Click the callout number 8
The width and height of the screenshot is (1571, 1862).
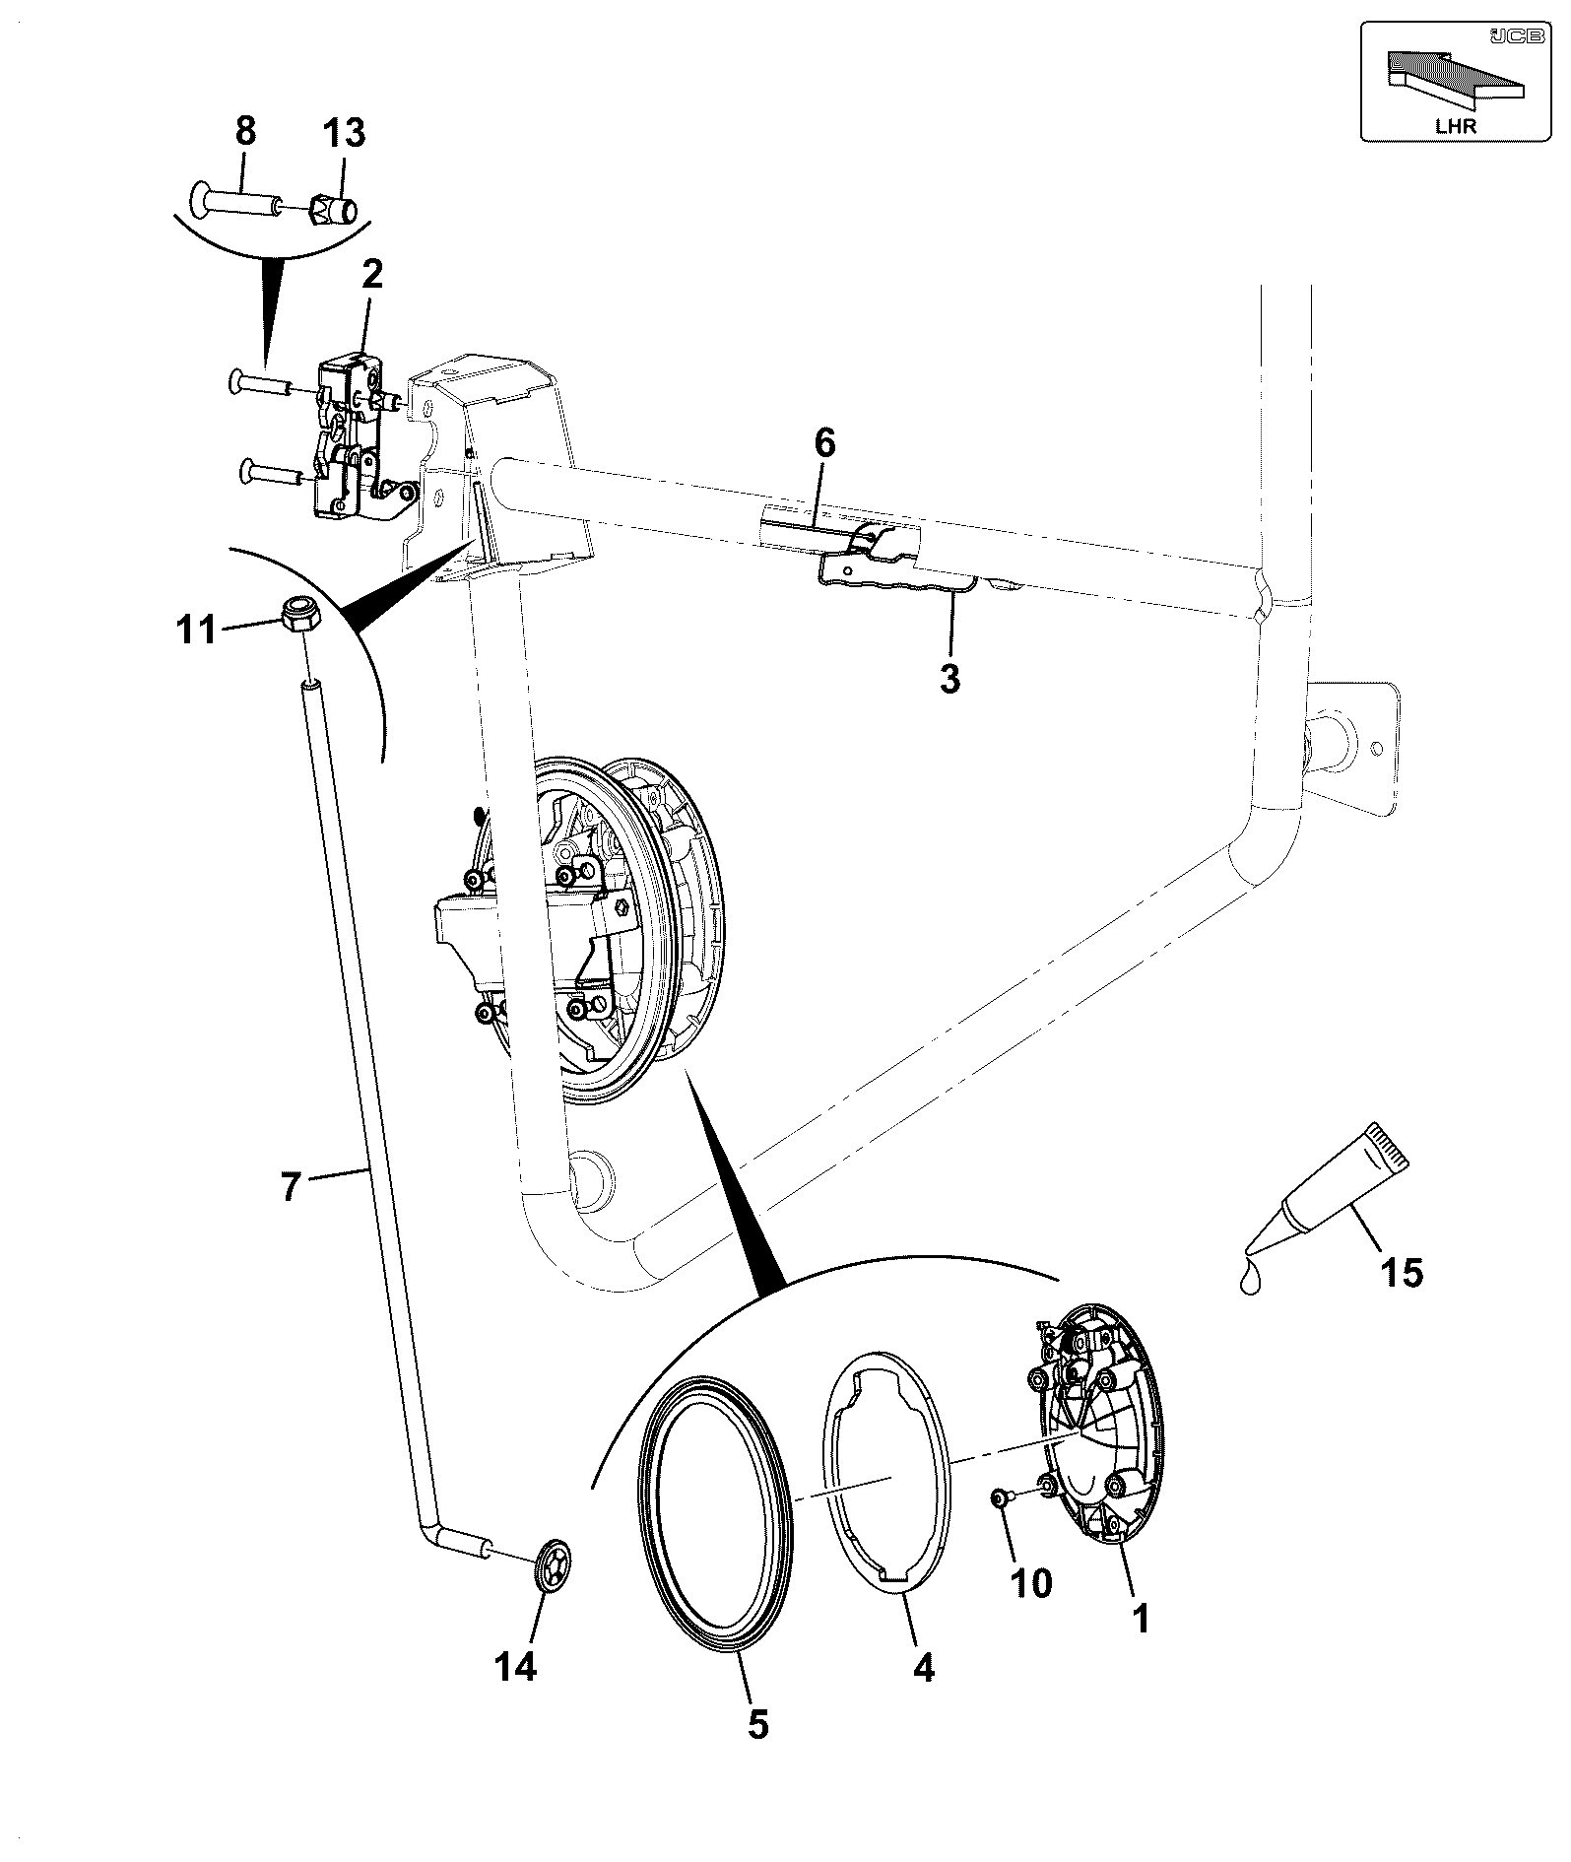(x=245, y=132)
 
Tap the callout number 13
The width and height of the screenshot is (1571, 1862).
(x=342, y=132)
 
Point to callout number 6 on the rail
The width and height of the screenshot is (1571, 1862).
(x=824, y=444)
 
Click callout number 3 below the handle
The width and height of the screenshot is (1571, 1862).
(x=949, y=679)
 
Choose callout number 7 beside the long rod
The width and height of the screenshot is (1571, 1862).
(x=290, y=1187)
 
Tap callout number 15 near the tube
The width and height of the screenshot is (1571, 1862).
(x=1402, y=1273)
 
